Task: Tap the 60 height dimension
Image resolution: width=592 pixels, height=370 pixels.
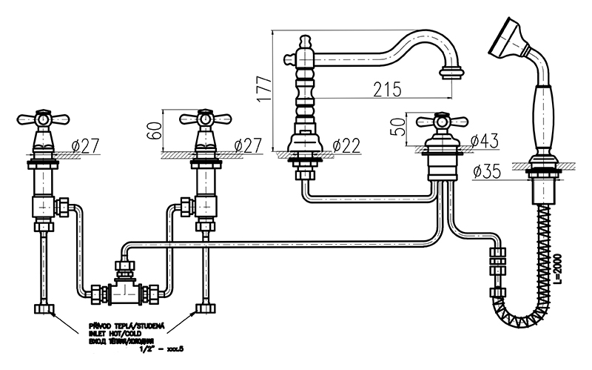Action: (153, 131)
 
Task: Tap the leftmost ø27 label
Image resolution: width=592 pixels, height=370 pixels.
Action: (85, 146)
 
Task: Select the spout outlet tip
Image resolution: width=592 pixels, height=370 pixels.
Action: (451, 73)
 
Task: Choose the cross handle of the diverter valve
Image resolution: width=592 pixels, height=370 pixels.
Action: (441, 121)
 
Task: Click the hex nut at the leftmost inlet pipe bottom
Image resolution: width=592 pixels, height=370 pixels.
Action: (42, 308)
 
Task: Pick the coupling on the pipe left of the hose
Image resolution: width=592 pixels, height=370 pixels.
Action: (497, 264)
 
